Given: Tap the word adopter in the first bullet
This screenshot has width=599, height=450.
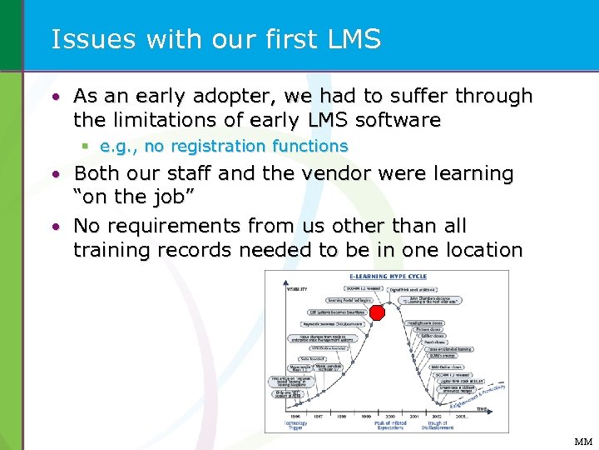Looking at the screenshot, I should [200, 96].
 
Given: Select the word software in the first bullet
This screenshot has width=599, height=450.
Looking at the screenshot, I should [399, 120].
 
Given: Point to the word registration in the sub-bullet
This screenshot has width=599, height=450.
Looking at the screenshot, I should [218, 147].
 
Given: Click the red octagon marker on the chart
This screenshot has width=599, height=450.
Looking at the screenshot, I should [377, 312].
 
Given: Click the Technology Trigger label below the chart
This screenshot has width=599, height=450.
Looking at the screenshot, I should [298, 425].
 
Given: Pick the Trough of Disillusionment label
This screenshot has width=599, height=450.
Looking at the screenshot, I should [438, 425].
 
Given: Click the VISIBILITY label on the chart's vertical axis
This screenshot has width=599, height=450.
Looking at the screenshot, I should [298, 289].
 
